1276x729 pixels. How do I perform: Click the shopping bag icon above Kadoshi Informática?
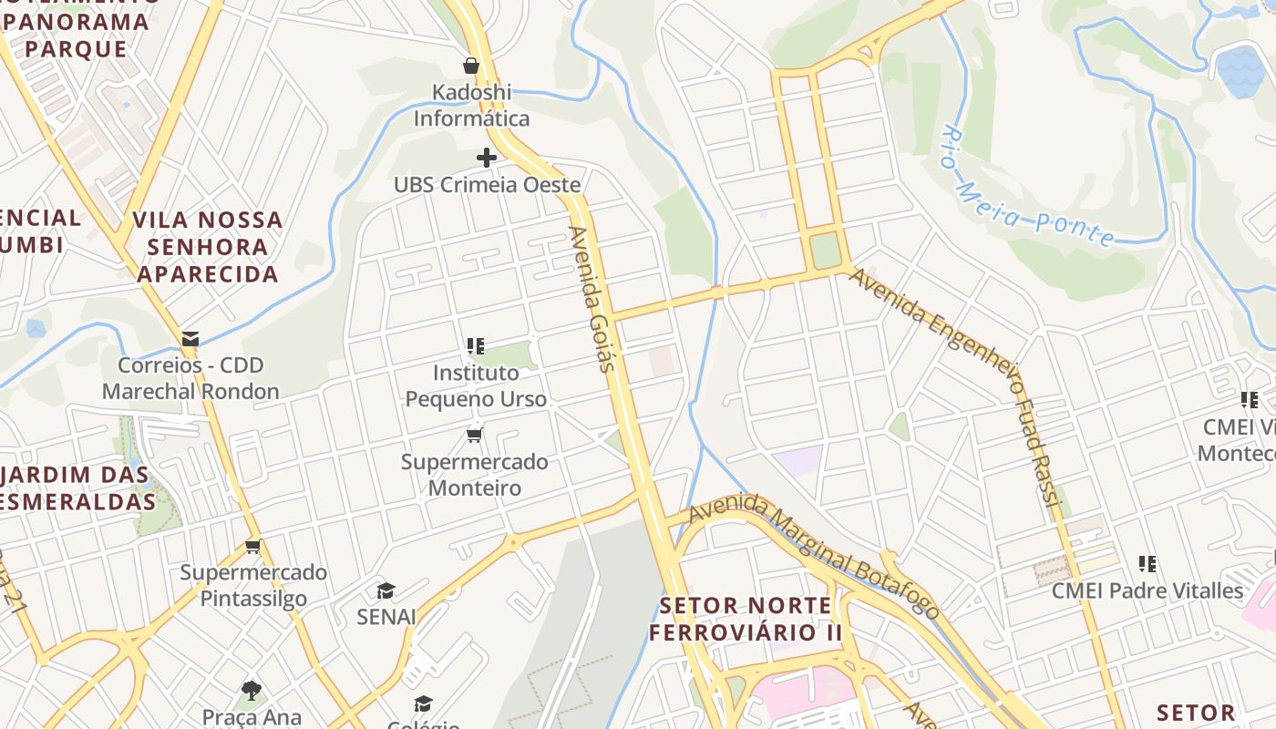coord(471,66)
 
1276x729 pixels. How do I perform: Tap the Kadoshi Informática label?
coord(471,106)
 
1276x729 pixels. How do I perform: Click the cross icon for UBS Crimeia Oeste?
coord(487,158)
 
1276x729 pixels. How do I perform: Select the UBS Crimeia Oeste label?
coord(487,185)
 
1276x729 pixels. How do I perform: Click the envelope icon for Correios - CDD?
coord(190,339)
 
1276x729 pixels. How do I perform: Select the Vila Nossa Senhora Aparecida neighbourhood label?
coord(208,247)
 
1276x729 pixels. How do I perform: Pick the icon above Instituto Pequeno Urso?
coord(475,346)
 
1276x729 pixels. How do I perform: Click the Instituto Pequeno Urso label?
coord(476,386)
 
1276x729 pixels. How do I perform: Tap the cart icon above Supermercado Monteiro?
coord(475,435)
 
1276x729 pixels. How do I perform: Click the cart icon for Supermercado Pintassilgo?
coord(253,547)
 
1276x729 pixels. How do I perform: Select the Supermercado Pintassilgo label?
coord(253,586)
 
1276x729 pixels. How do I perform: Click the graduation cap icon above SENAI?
coord(386,590)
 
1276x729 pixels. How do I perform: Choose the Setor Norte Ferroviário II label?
coord(746,619)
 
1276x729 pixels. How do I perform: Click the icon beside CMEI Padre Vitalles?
coord(1147,564)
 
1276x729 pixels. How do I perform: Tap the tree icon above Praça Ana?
coord(252,690)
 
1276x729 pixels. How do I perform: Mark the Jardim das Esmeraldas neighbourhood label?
coord(77,488)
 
